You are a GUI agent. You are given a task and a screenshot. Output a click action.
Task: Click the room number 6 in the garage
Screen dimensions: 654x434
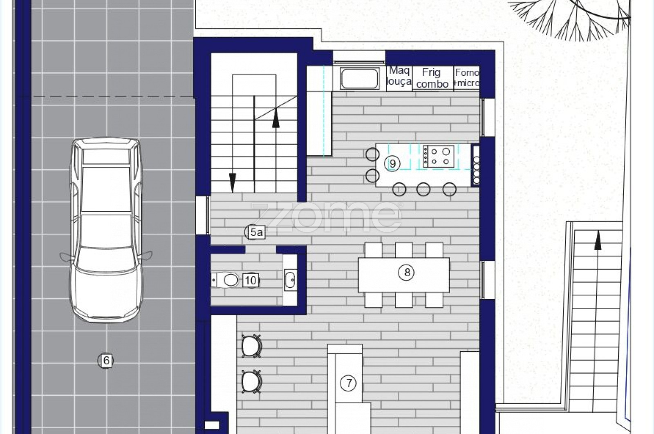pos(105,361)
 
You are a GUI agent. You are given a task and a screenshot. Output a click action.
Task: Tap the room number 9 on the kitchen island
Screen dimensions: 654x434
pos(392,164)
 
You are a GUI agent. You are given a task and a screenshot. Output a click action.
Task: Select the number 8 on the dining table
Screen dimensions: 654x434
pos(406,272)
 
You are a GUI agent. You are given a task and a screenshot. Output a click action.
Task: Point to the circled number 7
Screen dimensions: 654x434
pos(348,383)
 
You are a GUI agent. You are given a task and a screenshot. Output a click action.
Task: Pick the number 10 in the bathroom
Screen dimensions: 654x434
pos(251,280)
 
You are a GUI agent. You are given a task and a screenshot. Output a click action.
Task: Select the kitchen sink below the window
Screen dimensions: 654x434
pos(359,78)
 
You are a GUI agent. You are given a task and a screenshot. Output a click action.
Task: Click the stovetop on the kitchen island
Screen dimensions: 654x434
pos(439,156)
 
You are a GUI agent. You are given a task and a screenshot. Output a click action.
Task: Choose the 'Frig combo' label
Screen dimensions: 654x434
pos(432,78)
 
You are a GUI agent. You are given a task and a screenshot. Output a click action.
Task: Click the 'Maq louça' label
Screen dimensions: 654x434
pos(399,76)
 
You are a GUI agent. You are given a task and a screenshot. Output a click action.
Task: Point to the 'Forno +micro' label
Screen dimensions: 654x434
pos(466,78)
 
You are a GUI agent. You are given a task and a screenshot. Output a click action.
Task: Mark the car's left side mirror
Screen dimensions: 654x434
pos(67,257)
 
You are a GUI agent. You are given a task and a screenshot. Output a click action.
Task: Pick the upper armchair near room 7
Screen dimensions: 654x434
pos(251,346)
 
